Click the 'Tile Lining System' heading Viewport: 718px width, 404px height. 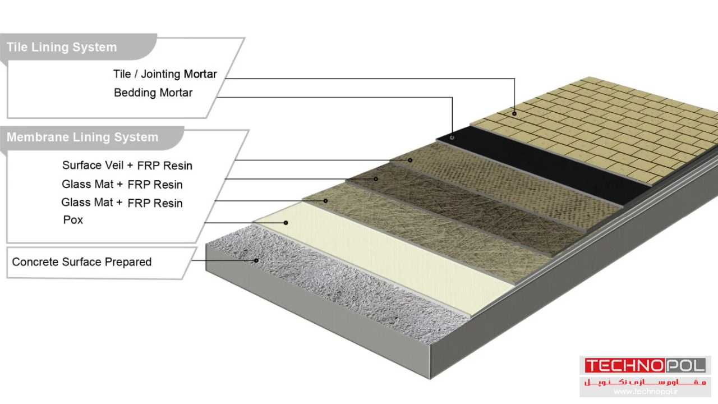click(62, 47)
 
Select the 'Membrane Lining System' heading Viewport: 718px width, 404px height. click(82, 137)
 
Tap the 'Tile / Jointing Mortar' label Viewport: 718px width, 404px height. click(165, 74)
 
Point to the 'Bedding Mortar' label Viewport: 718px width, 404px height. click(153, 93)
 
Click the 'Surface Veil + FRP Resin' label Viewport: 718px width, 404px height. click(127, 166)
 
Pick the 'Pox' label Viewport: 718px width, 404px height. click(73, 220)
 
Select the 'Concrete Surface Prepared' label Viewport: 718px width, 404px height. click(82, 262)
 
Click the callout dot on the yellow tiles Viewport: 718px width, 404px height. click(514, 113)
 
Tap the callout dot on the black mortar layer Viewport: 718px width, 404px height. click(453, 137)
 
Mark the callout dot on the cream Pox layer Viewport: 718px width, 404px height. click(286, 223)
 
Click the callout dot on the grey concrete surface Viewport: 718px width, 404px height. click(256, 260)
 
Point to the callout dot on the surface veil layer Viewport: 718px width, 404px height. click(410, 160)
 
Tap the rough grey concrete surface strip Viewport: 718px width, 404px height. click(337, 286)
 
